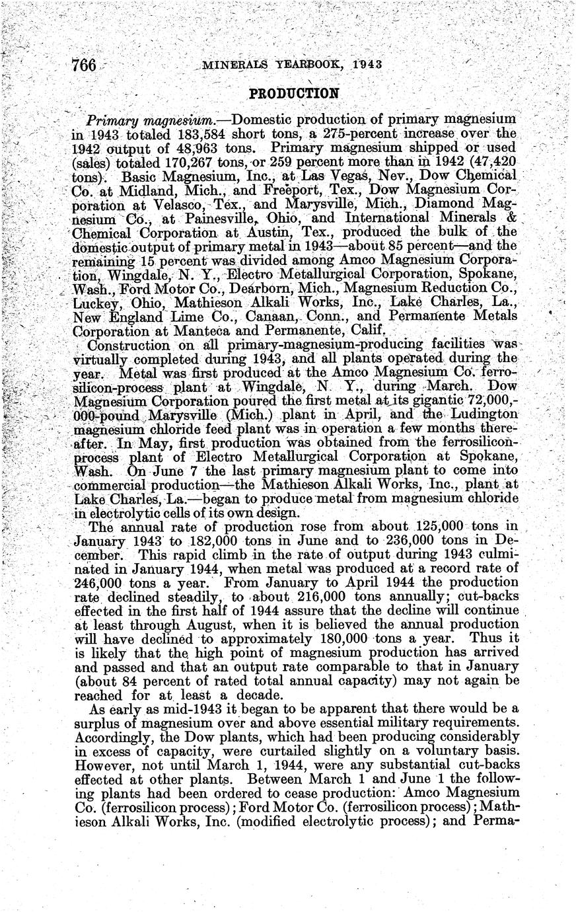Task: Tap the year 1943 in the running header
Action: [368, 64]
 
